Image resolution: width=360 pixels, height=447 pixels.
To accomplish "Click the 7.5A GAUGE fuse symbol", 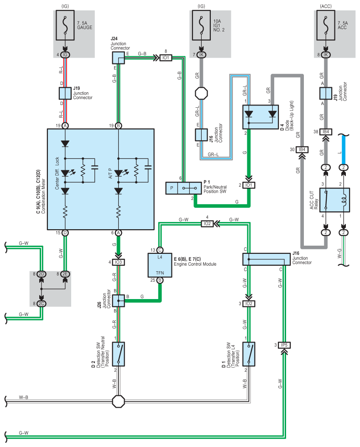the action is click(65, 26).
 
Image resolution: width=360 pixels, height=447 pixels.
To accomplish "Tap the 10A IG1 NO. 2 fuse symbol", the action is click(201, 26).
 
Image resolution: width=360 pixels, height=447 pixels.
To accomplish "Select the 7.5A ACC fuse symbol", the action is click(325, 26).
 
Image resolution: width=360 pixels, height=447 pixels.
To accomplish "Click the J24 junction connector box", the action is click(118, 58).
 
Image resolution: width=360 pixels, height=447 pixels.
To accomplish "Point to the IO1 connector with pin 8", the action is click(166, 58).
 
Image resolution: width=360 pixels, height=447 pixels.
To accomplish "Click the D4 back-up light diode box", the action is click(261, 117).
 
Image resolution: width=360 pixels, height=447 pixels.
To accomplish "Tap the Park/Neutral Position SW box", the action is click(183, 188).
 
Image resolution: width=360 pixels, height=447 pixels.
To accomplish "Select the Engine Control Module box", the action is click(160, 265).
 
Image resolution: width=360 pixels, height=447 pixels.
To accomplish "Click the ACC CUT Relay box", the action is click(334, 200).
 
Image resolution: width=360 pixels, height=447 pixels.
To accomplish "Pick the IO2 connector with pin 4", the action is click(207, 224).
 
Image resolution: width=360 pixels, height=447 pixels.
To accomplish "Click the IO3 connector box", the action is click(119, 262).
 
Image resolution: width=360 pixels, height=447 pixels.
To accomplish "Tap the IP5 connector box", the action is click(284, 345).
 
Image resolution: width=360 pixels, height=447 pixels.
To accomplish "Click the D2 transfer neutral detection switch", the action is click(119, 354).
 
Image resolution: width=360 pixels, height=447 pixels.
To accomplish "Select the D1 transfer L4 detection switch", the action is click(249, 354).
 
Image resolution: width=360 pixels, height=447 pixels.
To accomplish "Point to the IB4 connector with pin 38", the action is click(326, 131).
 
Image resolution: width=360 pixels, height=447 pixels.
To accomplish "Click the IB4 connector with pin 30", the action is click(302, 149).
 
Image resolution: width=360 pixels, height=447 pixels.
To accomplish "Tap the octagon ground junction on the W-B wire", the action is click(119, 401).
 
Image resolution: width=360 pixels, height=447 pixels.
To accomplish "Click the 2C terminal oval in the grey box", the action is click(42, 304).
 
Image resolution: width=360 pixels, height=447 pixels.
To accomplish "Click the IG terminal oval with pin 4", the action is click(65, 55).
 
